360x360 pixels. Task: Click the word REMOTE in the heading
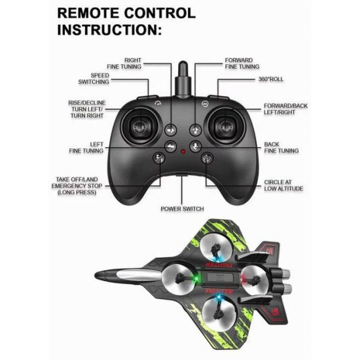point(88,13)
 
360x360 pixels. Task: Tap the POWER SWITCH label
point(183,209)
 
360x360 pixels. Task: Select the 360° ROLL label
point(271,79)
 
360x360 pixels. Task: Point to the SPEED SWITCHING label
point(94,79)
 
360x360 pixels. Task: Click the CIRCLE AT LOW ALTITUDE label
point(283,185)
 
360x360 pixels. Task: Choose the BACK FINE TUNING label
point(281,148)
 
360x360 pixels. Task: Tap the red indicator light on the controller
point(183,152)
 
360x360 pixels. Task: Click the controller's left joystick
point(140,127)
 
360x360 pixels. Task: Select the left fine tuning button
point(171,146)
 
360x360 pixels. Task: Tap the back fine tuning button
point(196,146)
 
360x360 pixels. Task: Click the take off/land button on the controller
point(159,158)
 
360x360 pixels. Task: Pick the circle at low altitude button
point(207,158)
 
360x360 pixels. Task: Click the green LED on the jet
point(196,278)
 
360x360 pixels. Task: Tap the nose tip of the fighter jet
point(96,275)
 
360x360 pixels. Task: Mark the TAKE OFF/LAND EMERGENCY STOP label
point(77,186)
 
